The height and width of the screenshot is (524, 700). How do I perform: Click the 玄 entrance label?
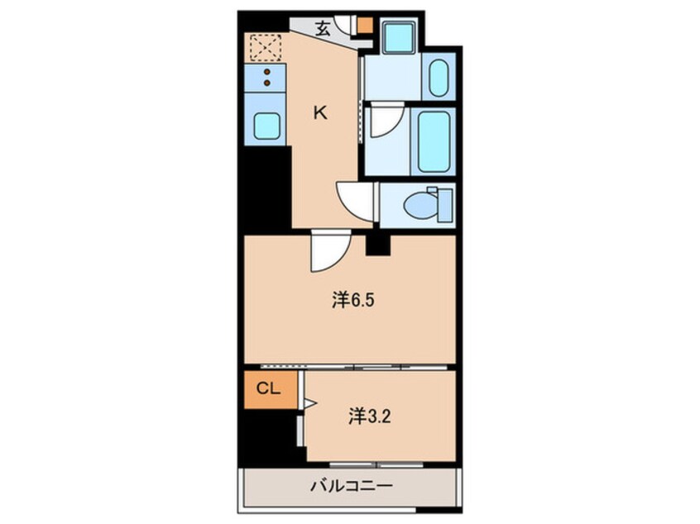coord(323,30)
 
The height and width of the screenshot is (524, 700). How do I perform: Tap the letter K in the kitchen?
coord(320,113)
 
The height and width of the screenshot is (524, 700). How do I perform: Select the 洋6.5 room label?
coord(352,301)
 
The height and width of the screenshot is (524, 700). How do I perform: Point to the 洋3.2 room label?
coord(370,417)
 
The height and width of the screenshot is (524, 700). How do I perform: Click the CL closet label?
coord(268,389)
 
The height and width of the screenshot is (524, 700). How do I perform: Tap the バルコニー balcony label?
coord(352,486)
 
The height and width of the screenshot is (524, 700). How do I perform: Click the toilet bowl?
coord(421,206)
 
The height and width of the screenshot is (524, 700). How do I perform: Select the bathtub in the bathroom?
coord(434,141)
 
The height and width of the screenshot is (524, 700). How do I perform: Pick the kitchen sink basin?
coord(267,126)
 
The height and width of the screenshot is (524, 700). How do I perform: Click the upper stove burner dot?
coord(267,72)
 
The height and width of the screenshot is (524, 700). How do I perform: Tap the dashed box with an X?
coord(265,47)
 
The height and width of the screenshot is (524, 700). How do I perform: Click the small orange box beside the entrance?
coord(365,25)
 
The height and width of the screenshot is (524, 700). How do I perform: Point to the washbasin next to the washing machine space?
coord(439,77)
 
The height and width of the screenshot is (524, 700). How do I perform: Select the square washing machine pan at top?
coord(399,38)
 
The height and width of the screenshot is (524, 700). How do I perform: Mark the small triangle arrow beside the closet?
coord(310,403)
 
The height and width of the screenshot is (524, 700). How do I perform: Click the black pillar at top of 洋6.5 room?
coord(378,245)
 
